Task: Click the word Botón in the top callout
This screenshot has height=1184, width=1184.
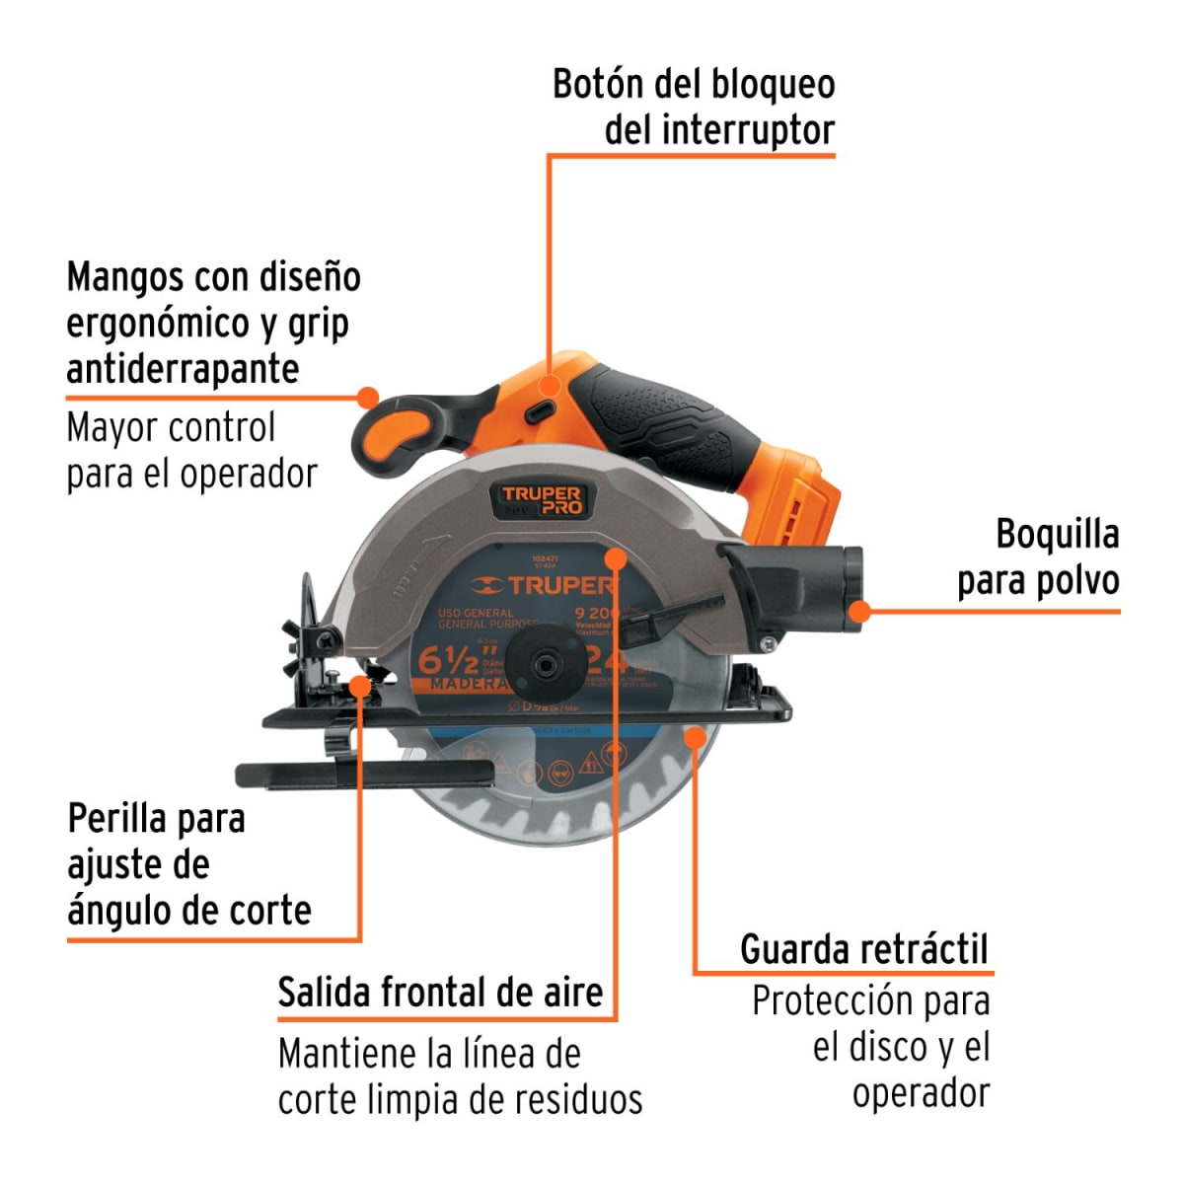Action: pos(598,84)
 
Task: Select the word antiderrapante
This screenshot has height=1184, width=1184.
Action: pos(183,368)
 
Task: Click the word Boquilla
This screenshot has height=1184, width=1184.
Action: pos(1057,534)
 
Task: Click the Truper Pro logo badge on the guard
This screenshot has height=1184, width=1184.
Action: pos(542,500)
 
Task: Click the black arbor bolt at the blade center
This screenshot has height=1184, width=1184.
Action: pos(542,665)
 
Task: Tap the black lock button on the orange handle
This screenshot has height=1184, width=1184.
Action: pos(540,409)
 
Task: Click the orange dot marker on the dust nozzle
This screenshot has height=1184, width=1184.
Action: pos(860,612)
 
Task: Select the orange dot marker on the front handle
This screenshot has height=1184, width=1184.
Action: pos(368,398)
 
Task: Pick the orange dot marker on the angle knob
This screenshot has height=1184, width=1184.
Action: pos(360,684)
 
